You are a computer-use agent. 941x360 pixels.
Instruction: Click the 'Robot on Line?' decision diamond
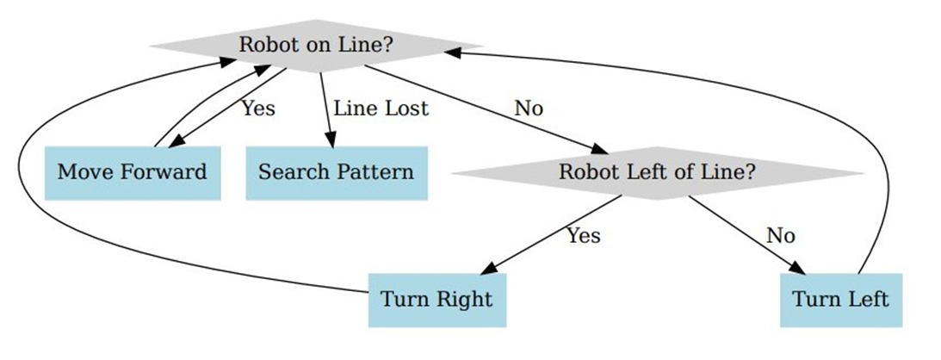(x=315, y=46)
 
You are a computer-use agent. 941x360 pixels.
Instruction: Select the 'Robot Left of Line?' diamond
(x=657, y=172)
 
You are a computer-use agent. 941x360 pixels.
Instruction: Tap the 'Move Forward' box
(x=132, y=172)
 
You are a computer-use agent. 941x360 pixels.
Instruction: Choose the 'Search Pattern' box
(x=336, y=172)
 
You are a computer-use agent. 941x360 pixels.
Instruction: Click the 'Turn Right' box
(x=436, y=300)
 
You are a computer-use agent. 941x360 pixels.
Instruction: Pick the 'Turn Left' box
(x=840, y=300)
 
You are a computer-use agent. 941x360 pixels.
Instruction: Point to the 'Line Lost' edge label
(x=381, y=109)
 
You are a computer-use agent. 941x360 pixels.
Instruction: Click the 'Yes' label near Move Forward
(x=257, y=109)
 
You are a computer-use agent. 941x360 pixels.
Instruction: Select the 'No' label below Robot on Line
(x=529, y=109)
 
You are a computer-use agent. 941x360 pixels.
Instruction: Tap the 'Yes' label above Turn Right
(x=583, y=235)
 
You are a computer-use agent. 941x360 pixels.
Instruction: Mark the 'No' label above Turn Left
(x=780, y=235)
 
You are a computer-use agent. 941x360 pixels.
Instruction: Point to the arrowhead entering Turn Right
(x=488, y=269)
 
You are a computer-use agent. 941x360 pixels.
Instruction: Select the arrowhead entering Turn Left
(x=797, y=268)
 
